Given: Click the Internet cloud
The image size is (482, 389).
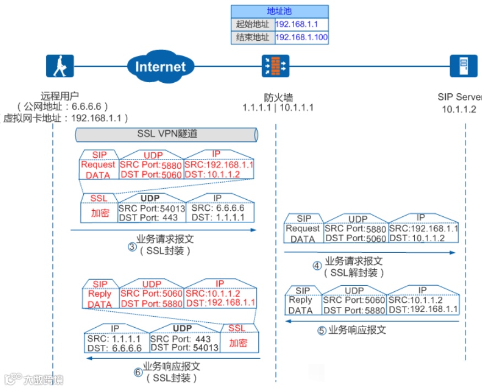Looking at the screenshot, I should pyautogui.click(x=160, y=66).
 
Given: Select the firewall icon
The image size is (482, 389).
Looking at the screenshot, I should pyautogui.click(x=275, y=66).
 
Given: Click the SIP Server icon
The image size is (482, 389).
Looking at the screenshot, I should pyautogui.click(x=463, y=66).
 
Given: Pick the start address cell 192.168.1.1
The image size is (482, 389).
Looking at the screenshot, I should pyautogui.click(x=301, y=24).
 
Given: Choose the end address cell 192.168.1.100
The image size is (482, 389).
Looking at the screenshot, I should pyautogui.click(x=301, y=38).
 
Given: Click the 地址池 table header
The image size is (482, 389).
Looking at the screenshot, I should pyautogui.click(x=280, y=12).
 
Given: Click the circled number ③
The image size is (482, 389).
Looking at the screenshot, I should pyautogui.click(x=132, y=247).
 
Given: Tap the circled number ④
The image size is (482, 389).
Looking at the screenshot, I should pyautogui.click(x=317, y=265).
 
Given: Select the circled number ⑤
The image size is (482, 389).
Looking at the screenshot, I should pyautogui.click(x=322, y=331).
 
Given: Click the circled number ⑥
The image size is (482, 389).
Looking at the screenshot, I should pyautogui.click(x=138, y=372).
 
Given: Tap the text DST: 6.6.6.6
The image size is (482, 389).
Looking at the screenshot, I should pyautogui.click(x=115, y=348).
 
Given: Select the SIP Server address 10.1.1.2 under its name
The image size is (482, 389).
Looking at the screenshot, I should pyautogui.click(x=458, y=109).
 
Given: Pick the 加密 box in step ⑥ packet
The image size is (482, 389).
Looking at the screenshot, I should pyautogui.click(x=238, y=343).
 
